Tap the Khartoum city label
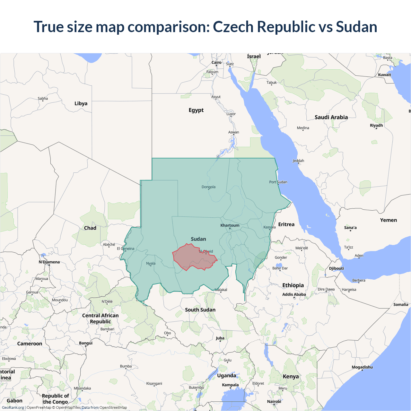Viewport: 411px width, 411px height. (x=230, y=225)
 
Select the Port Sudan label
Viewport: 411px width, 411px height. (x=278, y=182)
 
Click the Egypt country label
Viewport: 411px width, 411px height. (x=196, y=110)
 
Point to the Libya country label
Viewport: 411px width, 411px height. (x=81, y=103)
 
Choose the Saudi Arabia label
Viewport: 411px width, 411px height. (x=331, y=117)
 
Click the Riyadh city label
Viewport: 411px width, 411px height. (x=376, y=125)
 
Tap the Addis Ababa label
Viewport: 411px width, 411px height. (x=294, y=294)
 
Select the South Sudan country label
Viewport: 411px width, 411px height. (x=200, y=310)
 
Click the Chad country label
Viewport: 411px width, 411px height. (x=90, y=228)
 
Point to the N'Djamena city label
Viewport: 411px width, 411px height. (x=49, y=262)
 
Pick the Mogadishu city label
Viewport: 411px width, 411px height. (x=362, y=367)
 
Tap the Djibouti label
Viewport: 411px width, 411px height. (x=337, y=268)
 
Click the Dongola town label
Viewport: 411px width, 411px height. (x=208, y=187)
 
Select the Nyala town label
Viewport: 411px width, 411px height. (x=151, y=264)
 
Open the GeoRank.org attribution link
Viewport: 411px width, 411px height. (x=13, y=407)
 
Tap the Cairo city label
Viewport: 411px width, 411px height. (x=216, y=63)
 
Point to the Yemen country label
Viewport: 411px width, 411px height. (x=389, y=220)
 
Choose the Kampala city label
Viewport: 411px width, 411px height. (x=230, y=385)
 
